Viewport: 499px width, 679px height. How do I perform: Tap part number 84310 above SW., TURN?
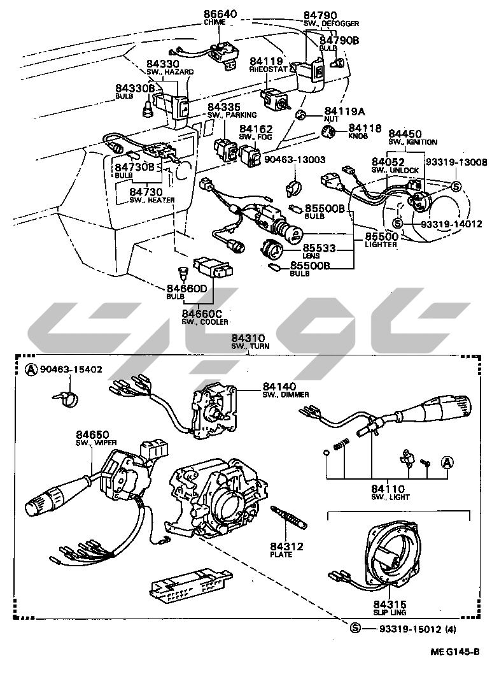pos(248,338)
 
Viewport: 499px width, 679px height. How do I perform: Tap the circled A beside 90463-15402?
pos(31,370)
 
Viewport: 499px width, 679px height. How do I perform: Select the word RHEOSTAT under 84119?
pos(267,68)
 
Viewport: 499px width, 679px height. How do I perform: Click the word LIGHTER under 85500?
pos(381,244)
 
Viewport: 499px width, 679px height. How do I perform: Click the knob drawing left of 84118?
pos(329,133)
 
